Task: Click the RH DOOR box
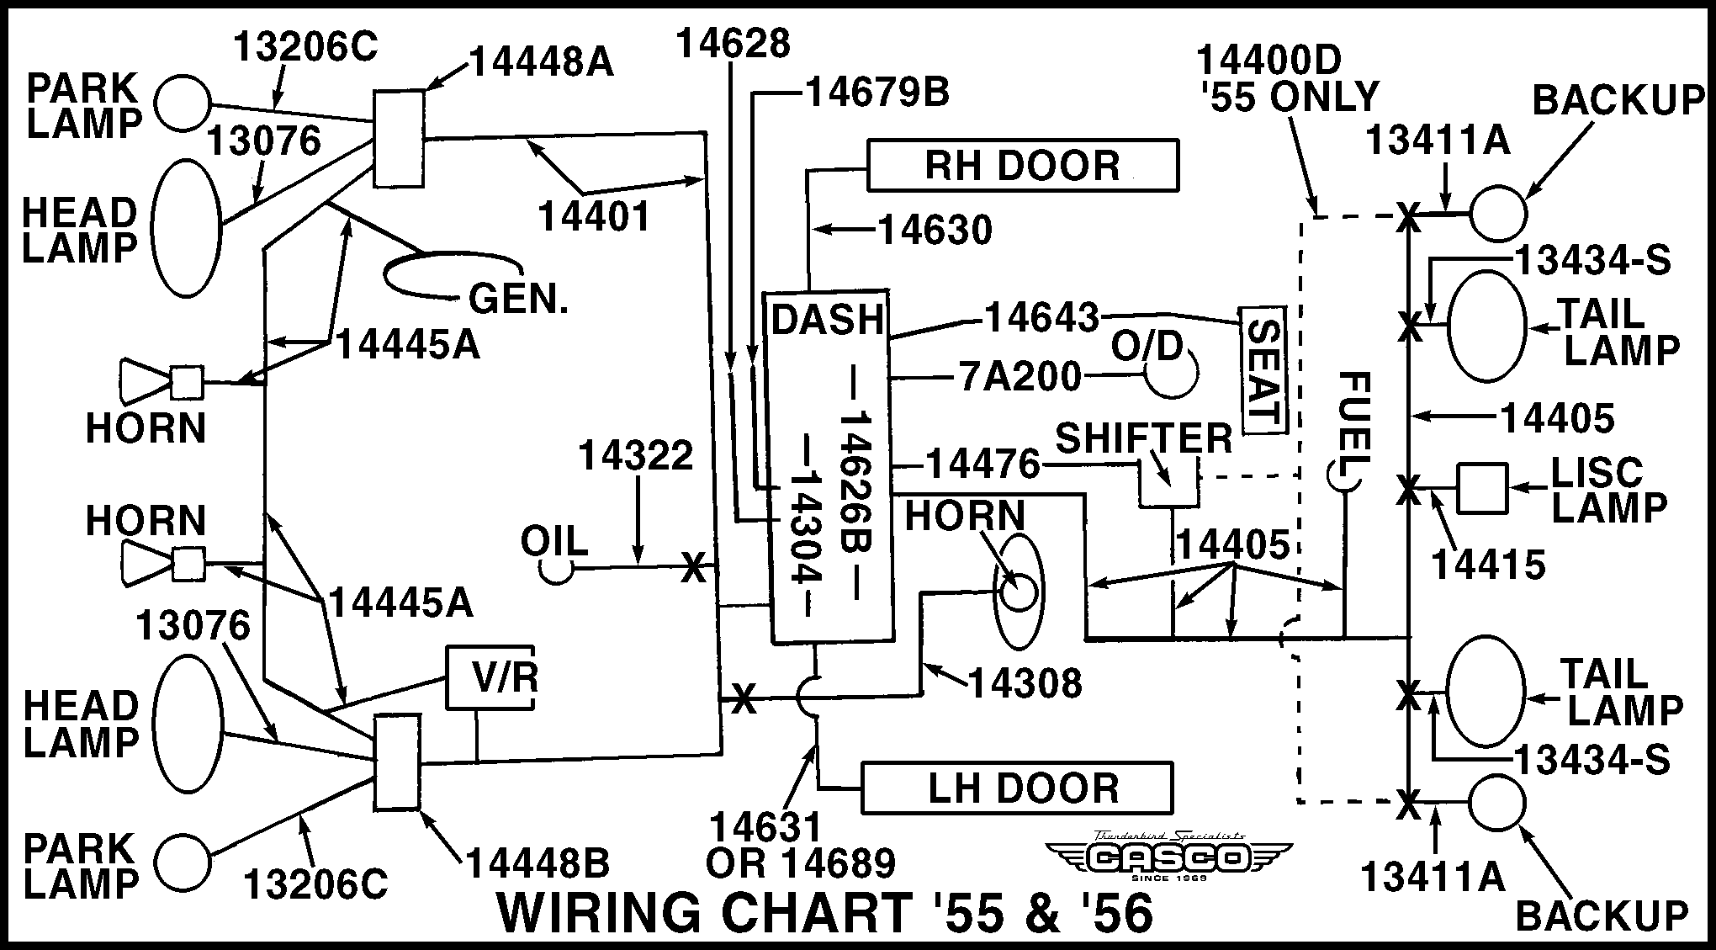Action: (1022, 166)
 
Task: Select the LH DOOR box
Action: (1017, 788)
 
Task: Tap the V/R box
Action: (490, 677)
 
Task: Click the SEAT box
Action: (1263, 370)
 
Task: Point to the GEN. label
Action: (517, 298)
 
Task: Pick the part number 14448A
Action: (541, 62)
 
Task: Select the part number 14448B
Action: (538, 862)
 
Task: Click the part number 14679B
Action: (877, 93)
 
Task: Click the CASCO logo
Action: (1169, 857)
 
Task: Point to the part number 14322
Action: (635, 456)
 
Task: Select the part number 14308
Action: (1025, 684)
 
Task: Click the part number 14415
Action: (1489, 565)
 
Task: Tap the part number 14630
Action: (935, 230)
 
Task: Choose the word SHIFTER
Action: (1143, 438)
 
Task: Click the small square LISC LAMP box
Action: (1482, 487)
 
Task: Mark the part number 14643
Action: (1041, 318)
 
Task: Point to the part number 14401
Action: (594, 217)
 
